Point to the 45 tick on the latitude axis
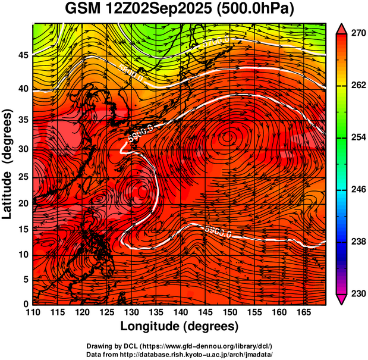point(22,55)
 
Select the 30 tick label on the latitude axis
point(22,149)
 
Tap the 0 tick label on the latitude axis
point(25,304)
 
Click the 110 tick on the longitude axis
point(33,312)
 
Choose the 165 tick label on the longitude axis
point(302,312)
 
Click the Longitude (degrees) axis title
point(180,326)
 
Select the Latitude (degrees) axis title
point(8,164)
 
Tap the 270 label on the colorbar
point(355,34)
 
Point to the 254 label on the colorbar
point(355,137)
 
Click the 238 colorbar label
point(355,242)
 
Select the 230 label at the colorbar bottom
point(355,293)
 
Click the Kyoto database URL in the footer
point(179,354)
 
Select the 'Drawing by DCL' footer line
point(179,346)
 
